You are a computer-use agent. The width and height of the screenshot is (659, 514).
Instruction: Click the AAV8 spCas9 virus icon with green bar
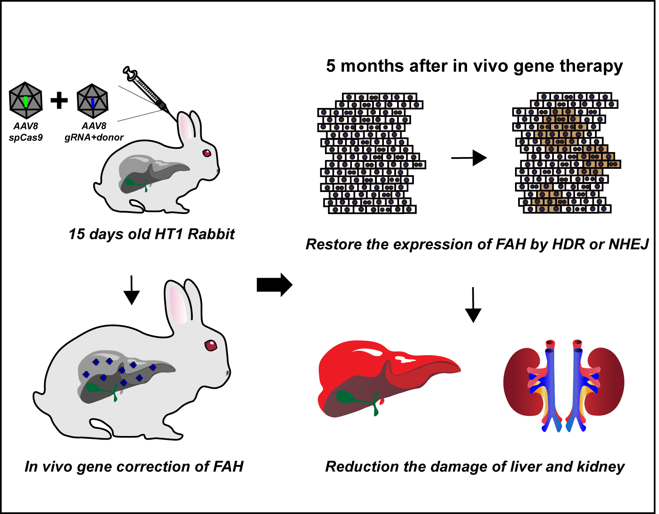pos(26,100)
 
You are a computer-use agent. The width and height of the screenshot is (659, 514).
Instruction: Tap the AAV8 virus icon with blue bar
pos(92,101)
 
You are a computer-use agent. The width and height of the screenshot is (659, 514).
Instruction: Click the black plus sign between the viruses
pos(59,100)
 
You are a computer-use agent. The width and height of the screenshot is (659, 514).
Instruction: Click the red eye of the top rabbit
pos(207,153)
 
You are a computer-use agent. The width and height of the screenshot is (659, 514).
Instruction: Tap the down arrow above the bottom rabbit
pos(132,290)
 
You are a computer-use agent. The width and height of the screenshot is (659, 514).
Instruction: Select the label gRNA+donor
pos(94,137)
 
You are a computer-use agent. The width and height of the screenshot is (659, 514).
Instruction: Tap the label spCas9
pos(26,137)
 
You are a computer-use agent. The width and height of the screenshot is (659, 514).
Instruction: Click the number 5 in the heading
pos(331,66)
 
